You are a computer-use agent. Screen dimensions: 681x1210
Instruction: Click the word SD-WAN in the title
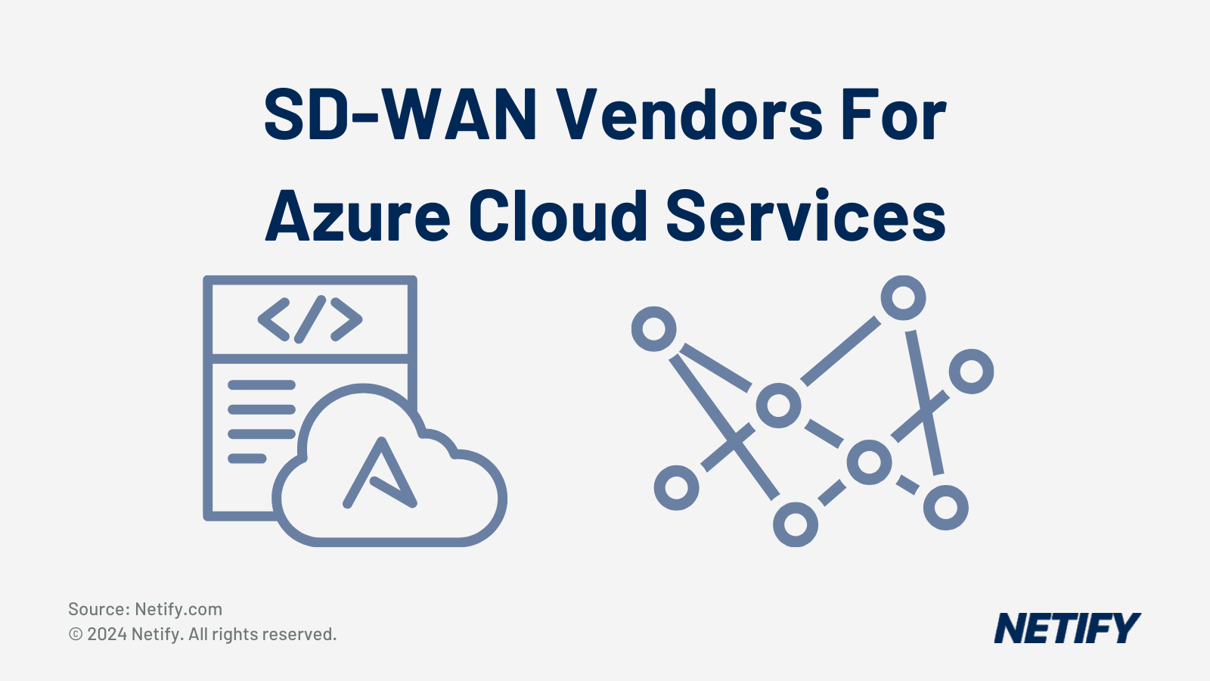tap(400, 115)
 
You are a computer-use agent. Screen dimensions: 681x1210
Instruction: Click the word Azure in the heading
tap(358, 216)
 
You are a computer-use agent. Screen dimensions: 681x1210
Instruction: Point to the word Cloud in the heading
tap(557, 216)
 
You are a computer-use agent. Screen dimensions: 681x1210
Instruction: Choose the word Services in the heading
tap(805, 216)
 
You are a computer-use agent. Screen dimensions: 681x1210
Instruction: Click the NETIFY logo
tap(1066, 628)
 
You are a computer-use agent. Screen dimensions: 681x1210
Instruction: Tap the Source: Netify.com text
tap(145, 609)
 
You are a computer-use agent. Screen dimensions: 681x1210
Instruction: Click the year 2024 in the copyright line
tap(107, 634)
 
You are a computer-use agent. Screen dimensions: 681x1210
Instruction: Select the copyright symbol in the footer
tap(76, 634)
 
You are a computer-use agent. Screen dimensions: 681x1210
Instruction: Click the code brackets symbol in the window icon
tap(310, 319)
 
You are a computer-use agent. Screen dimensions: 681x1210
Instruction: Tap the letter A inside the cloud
tap(380, 474)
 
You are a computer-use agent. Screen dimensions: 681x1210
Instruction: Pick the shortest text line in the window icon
tap(247, 458)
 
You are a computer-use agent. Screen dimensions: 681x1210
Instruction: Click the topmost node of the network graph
tap(903, 297)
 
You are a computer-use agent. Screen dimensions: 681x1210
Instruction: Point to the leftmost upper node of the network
tap(653, 328)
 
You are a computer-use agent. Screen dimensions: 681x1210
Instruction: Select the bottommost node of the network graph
tap(796, 524)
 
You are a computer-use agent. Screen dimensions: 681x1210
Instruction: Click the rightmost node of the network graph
tap(971, 371)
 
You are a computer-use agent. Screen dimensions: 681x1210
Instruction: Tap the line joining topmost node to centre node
tap(840, 351)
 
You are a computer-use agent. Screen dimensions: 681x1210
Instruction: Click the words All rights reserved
tap(262, 634)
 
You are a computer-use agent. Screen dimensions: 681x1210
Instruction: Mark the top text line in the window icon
tap(261, 385)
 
